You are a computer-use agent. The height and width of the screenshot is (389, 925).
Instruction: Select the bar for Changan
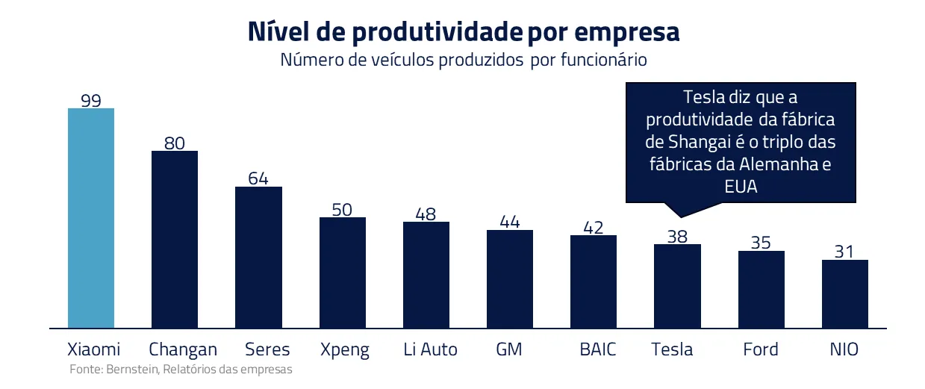coord(175,239)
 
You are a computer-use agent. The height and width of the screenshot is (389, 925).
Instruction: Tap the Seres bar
coord(259,257)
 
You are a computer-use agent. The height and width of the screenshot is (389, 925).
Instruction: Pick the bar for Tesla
coord(677,286)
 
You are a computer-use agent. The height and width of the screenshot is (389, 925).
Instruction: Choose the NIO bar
coord(845,293)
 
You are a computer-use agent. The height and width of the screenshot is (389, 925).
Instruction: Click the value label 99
coord(91,100)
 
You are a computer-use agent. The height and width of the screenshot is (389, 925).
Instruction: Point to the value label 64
coord(258,178)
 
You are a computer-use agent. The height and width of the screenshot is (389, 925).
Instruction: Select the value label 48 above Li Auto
coord(426,214)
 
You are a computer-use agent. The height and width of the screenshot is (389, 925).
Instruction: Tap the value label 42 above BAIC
coord(594,228)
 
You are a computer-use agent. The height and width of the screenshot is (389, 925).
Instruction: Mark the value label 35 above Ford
coord(762,243)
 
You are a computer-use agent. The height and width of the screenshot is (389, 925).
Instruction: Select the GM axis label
coord(509,349)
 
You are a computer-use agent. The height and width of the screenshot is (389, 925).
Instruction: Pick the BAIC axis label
coord(598,349)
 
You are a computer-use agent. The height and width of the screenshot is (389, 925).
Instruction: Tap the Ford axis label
coord(761,349)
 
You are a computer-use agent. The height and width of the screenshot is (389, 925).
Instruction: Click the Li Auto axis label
coord(430,349)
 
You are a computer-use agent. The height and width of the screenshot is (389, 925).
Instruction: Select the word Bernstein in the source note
coord(132,369)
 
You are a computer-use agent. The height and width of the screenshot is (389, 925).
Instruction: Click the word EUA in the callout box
coord(741,187)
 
